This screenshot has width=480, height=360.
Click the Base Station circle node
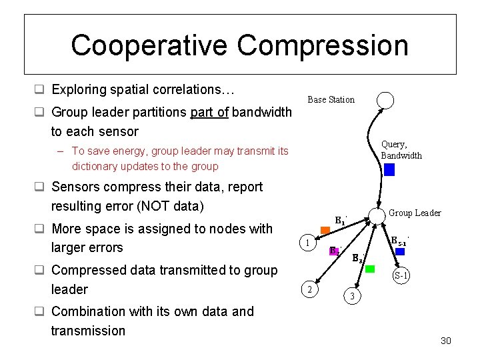(x=385, y=100)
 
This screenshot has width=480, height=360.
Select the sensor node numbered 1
(x=307, y=243)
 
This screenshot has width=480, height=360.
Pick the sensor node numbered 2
(x=309, y=289)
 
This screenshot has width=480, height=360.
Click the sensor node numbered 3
(x=353, y=295)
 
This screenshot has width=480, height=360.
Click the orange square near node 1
(x=325, y=231)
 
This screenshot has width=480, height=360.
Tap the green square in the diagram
(x=370, y=269)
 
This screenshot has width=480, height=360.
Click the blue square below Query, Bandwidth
(x=389, y=169)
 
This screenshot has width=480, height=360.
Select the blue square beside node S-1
(x=400, y=251)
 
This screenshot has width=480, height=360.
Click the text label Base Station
(x=331, y=100)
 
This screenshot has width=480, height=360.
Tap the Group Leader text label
(x=415, y=213)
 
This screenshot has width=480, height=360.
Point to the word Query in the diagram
(x=393, y=144)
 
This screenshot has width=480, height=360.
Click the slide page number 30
(x=446, y=341)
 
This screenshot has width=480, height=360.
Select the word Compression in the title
(x=323, y=45)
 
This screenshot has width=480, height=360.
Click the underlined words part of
(x=209, y=112)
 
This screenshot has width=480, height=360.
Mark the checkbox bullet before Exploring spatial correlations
(x=39, y=89)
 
